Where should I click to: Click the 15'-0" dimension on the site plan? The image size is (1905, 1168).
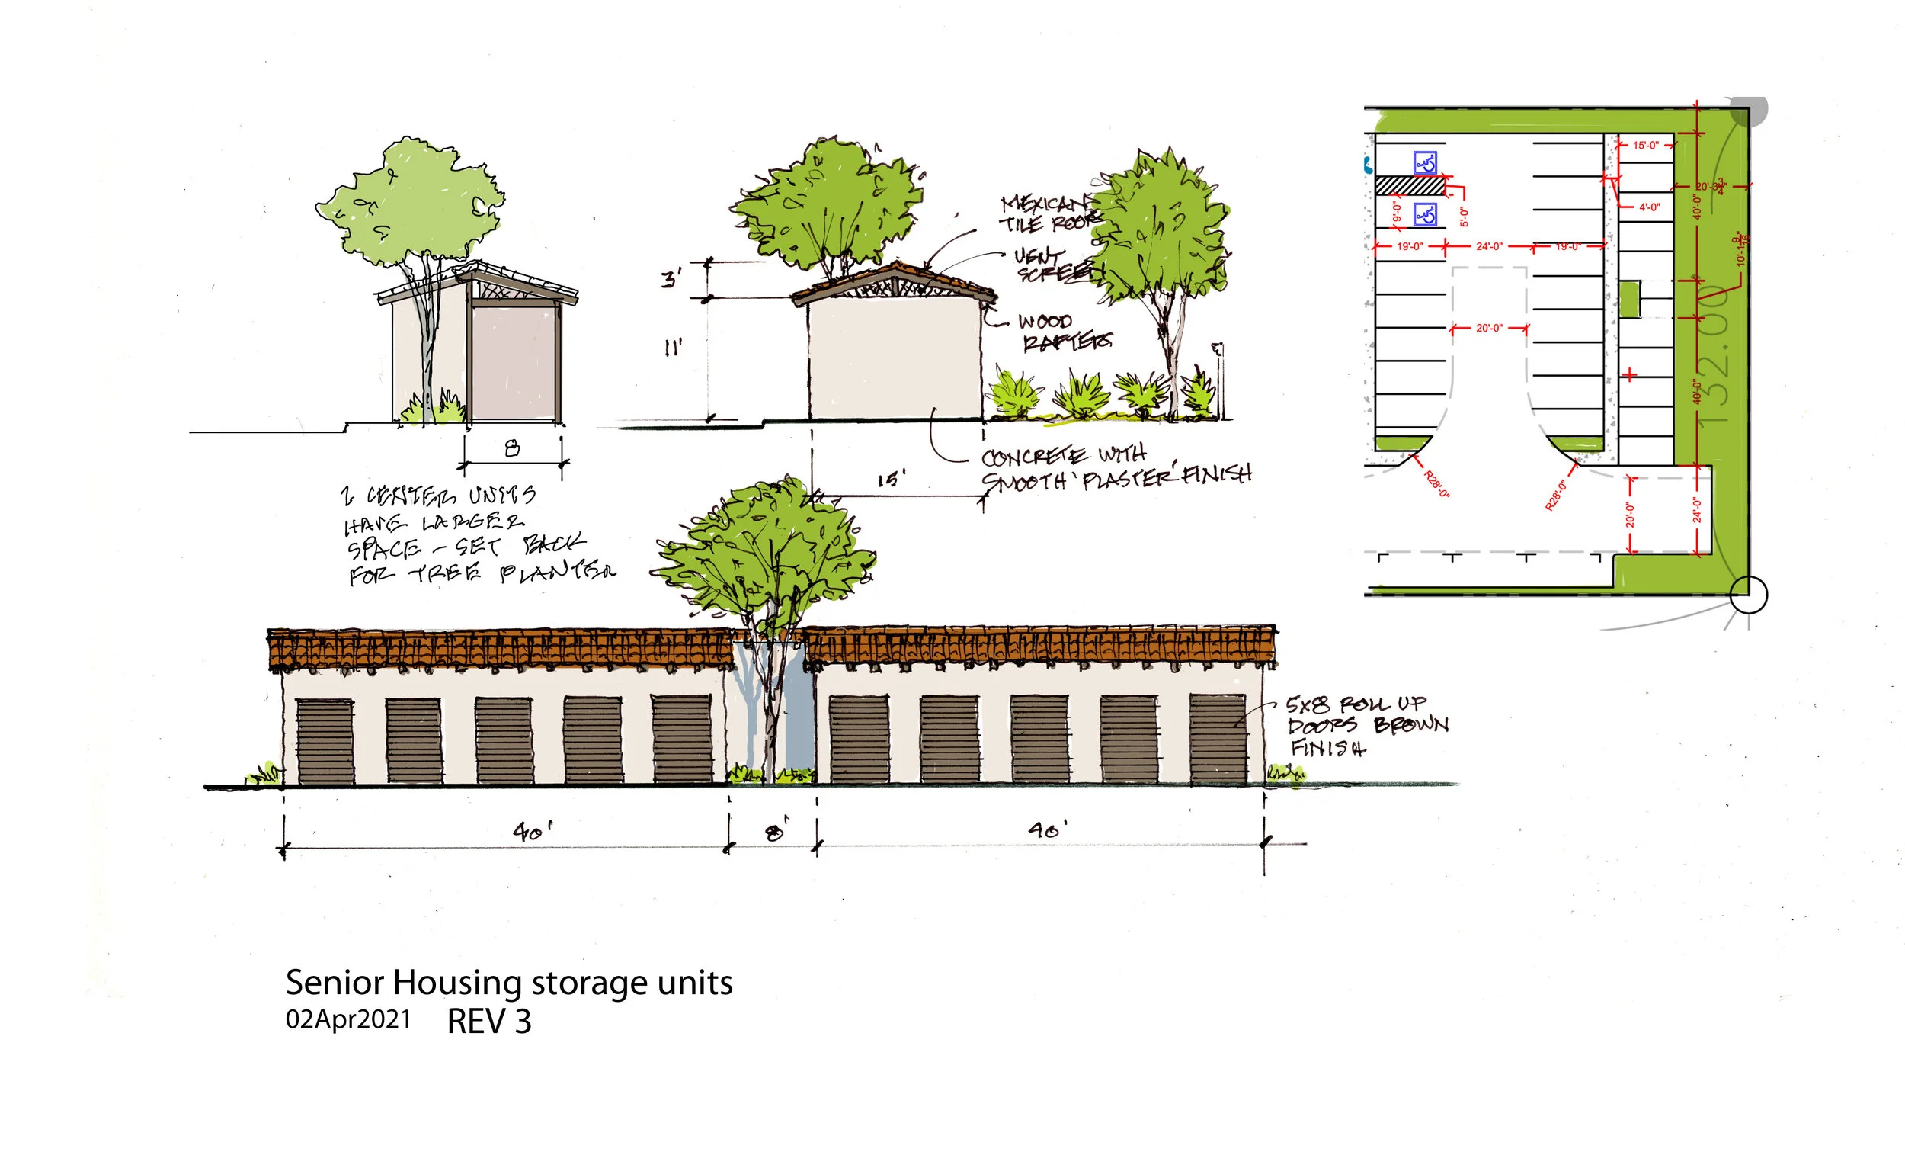coord(1645,145)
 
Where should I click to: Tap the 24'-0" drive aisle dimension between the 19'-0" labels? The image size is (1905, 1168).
coord(1489,246)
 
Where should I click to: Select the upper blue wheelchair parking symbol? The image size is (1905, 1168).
coord(1425,162)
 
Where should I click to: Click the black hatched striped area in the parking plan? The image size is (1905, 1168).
coord(1410,185)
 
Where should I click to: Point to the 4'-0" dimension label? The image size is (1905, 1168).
coord(1649,207)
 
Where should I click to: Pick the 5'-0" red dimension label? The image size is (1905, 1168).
coord(1464,217)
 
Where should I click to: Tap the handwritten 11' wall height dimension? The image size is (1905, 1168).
coord(673,348)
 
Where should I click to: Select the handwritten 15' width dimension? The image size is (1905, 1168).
coord(891,480)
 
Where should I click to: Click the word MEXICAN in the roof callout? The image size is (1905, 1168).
coord(1044,204)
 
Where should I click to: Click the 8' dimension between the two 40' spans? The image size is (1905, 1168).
coord(775,833)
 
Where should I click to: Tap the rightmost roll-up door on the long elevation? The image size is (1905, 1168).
coord(1218,740)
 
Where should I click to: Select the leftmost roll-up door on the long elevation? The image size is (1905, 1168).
coord(325,741)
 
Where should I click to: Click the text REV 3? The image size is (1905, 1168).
coord(489,1022)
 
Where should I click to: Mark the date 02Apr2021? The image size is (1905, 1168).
coord(348,1019)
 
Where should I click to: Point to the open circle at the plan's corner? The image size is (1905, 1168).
coord(1748,595)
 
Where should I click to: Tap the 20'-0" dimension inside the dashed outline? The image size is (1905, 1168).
coord(1489,328)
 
